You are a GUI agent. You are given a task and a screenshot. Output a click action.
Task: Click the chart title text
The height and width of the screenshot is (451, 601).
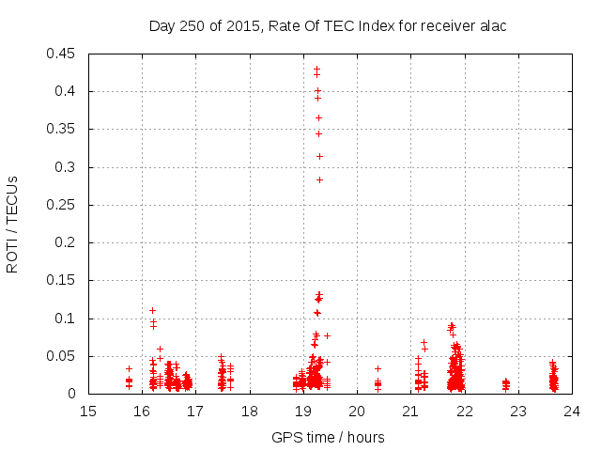[328, 25]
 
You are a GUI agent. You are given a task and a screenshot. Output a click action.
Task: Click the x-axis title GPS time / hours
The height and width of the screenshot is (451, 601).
[328, 437]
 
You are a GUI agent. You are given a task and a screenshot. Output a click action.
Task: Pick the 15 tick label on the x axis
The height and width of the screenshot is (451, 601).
[88, 411]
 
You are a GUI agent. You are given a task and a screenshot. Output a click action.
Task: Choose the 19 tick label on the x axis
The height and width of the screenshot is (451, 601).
[303, 411]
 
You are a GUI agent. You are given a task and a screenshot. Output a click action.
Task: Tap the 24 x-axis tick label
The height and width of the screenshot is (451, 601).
[572, 411]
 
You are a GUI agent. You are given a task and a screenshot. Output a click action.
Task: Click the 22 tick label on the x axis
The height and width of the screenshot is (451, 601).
[465, 411]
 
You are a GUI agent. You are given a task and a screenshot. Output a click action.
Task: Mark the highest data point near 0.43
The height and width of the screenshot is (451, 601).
[316, 69]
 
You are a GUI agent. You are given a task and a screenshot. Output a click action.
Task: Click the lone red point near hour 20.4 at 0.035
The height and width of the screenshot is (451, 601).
[378, 368]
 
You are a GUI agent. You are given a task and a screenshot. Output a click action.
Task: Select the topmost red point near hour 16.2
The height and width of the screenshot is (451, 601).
[152, 310]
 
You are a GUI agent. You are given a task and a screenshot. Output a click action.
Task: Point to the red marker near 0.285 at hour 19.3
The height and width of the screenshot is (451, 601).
[319, 179]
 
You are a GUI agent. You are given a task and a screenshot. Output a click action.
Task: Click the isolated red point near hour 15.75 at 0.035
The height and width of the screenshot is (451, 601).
[129, 368]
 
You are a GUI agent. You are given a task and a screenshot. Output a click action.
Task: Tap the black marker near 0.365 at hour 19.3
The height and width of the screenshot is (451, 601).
[318, 117]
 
